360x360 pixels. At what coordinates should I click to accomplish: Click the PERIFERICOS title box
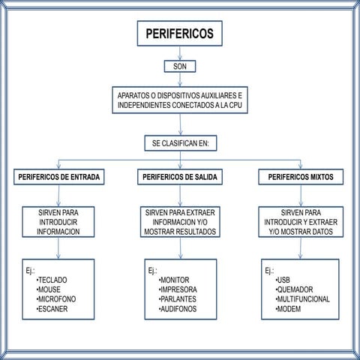point(179,34)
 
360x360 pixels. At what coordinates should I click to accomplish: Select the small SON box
point(179,66)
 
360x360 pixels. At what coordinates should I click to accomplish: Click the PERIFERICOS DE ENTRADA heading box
point(58,178)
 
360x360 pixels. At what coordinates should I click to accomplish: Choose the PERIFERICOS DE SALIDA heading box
point(179,178)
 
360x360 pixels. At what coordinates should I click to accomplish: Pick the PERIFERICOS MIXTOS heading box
point(300,178)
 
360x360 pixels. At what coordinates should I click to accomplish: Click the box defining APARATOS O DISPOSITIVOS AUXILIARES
point(179,102)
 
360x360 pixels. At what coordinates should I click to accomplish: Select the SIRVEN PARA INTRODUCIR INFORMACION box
point(57,222)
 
